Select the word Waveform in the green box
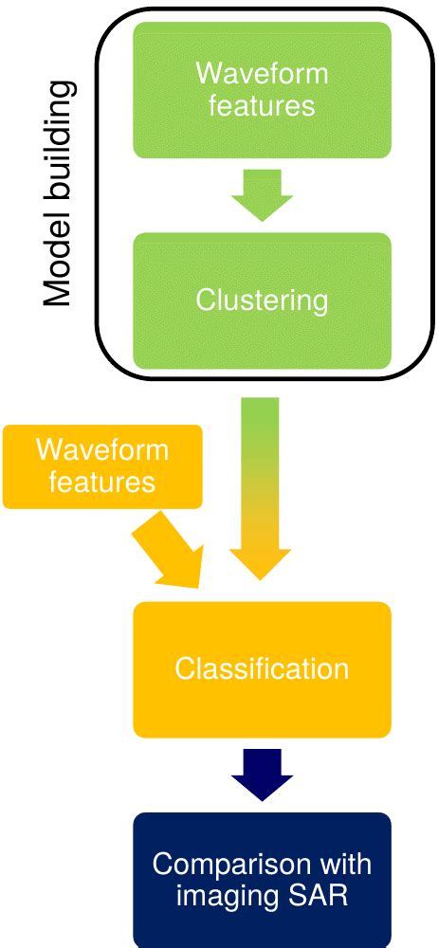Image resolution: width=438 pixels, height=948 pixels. [x=262, y=73]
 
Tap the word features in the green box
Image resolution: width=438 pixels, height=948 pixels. [x=262, y=105]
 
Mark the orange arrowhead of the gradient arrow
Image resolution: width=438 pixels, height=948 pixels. [x=261, y=564]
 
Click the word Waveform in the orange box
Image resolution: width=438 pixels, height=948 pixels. [x=102, y=449]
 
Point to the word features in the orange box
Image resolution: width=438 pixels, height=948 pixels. [x=102, y=482]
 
